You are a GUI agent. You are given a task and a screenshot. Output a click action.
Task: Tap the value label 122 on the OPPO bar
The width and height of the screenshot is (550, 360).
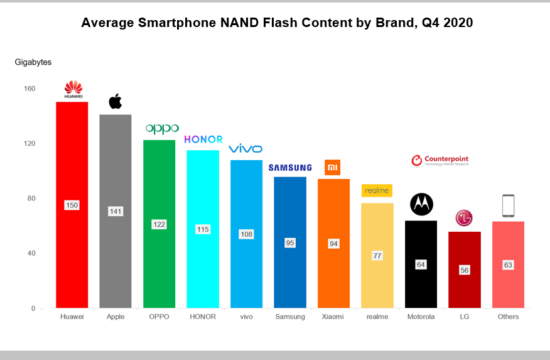pos(159,224)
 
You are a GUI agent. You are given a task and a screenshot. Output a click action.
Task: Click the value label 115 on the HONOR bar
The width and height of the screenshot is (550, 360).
pos(203,229)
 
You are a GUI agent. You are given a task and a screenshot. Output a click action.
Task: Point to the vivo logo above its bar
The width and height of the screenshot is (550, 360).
pos(245,149)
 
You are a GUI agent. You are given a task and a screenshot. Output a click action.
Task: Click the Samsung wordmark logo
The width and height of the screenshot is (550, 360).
pos(289,168)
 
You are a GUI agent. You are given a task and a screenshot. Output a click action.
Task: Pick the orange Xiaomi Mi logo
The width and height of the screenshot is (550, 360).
pos(332,167)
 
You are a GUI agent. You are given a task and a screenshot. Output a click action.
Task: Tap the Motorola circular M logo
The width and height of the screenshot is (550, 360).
pos(421,204)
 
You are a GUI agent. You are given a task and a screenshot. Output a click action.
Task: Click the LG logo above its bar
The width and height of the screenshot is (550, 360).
pos(464,219)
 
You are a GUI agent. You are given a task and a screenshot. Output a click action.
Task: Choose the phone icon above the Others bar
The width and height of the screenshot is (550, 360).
pos(508,206)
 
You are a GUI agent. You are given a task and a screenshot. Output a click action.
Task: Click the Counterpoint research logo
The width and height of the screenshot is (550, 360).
pos(439,161)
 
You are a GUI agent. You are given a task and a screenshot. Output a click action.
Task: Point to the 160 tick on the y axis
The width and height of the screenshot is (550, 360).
pos(29,89)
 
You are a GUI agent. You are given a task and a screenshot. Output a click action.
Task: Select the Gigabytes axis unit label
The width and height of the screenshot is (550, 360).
pos(33,62)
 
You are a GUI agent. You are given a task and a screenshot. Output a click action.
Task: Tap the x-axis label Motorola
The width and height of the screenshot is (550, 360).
pos(421,317)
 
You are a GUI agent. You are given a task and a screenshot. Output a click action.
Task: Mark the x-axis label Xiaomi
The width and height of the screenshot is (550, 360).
pos(333,317)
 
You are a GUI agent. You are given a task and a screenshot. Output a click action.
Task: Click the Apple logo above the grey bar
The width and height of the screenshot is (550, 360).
pos(116,101)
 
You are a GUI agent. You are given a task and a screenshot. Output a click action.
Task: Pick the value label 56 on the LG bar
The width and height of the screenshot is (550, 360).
pos(464,270)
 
